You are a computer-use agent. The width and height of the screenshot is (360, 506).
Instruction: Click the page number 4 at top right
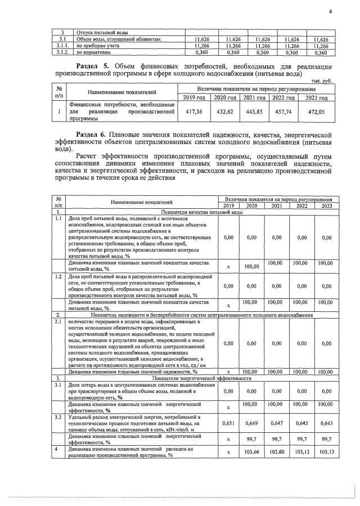click(331, 11)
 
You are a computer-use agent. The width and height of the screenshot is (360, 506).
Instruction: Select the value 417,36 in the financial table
click(193, 112)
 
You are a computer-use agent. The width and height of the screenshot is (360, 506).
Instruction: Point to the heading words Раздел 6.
click(92, 135)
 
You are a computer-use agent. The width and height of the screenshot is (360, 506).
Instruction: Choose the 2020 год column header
click(223, 98)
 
